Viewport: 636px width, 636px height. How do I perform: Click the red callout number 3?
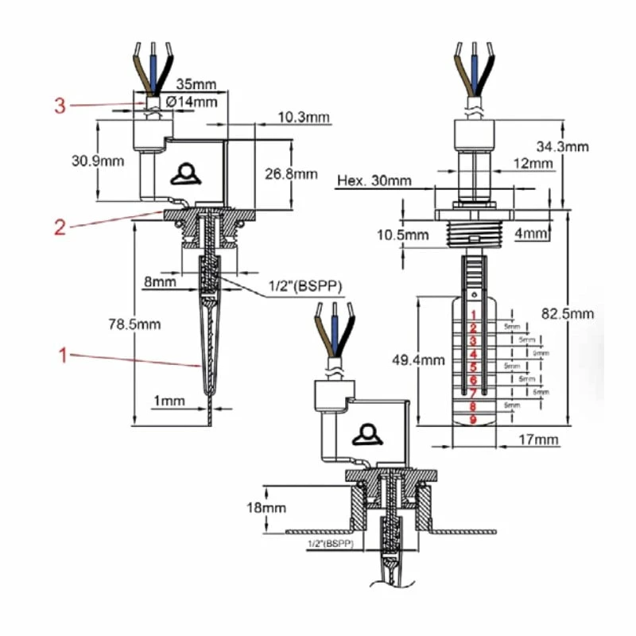[60, 105]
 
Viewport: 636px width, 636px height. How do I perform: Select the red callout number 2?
[60, 227]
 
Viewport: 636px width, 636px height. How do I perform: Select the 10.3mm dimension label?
[304, 118]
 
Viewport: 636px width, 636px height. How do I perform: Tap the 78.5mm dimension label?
[134, 324]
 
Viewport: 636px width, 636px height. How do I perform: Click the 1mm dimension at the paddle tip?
[169, 401]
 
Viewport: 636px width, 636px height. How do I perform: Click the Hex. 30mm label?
[374, 180]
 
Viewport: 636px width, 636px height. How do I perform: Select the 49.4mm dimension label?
[417, 359]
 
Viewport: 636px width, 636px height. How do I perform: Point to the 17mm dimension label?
[541, 440]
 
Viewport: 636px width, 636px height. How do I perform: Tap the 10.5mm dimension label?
[403, 235]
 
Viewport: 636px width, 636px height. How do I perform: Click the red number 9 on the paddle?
[473, 420]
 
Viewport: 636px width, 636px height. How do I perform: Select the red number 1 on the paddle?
[473, 316]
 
